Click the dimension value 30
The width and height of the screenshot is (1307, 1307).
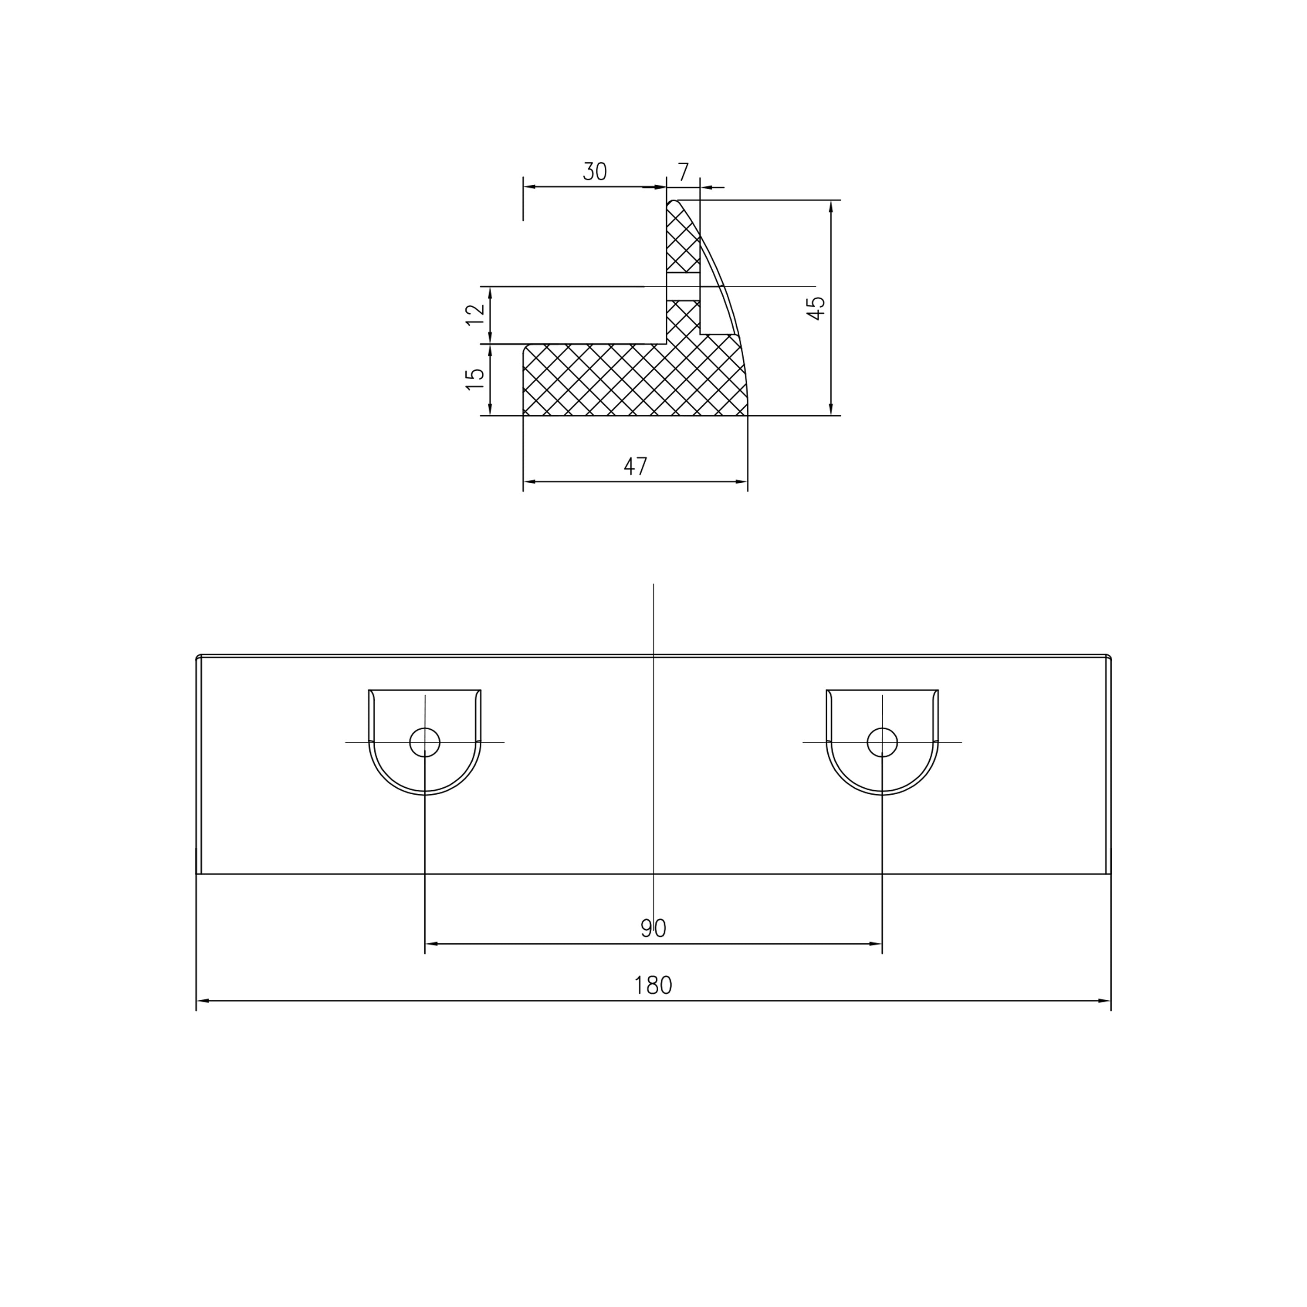point(595,172)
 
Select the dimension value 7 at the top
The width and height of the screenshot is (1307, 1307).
point(683,172)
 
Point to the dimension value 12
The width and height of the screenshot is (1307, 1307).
point(476,315)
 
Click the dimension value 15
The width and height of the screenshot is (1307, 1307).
point(476,379)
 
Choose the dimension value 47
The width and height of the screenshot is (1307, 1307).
point(635,466)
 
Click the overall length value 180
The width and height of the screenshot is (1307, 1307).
point(653,985)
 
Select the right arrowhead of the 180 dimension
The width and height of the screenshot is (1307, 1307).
point(1105,1001)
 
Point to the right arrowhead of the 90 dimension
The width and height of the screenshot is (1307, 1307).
point(876,944)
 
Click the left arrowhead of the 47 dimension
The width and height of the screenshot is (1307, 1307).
point(529,482)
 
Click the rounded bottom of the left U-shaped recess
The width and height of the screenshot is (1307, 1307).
point(425,793)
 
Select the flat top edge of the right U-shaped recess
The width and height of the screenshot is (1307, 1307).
point(882,690)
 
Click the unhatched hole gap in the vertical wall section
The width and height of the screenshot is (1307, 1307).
point(683,287)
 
